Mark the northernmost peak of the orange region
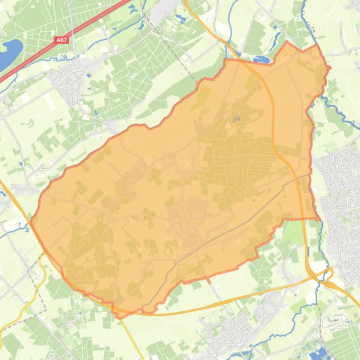[x=287, y=43]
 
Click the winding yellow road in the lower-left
[x=28, y=299]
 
